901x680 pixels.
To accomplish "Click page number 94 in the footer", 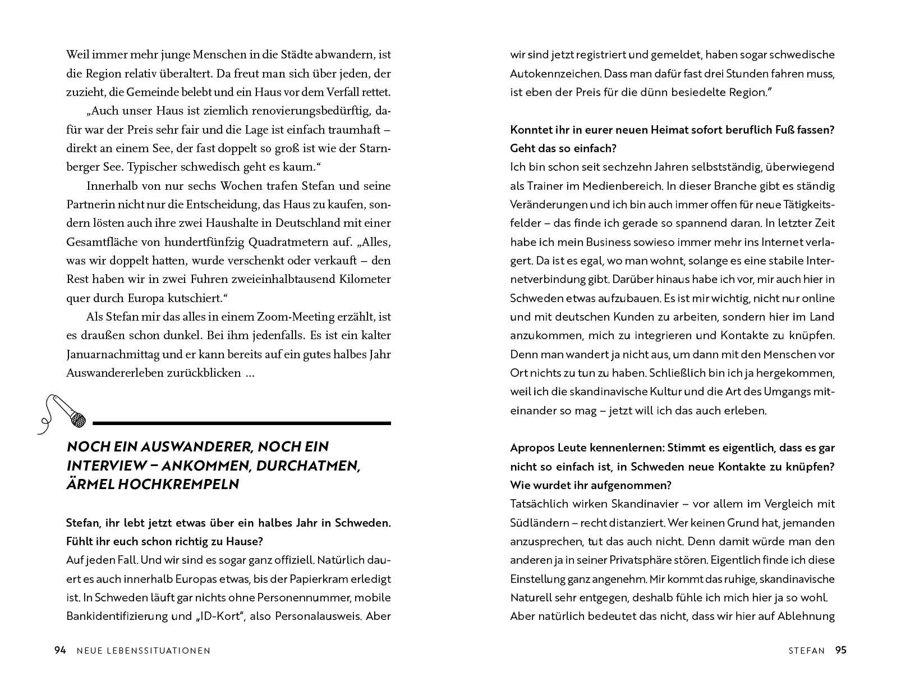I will [x=60, y=650].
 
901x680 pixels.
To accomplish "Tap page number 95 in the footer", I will [x=840, y=650].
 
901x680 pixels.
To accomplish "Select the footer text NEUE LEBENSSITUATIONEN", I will [x=141, y=651].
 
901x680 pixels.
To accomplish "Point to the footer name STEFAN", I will [x=806, y=651].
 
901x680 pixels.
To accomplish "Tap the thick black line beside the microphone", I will [x=241, y=422].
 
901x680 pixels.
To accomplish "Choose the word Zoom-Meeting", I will [x=296, y=317].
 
